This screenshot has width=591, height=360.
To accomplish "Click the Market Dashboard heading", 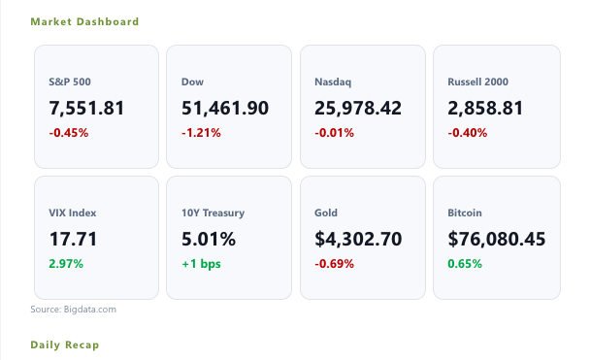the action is tap(84, 22).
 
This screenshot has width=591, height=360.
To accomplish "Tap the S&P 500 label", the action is tap(70, 82).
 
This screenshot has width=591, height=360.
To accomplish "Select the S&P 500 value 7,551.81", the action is tap(86, 108).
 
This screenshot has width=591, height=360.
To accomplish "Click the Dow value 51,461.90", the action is tap(225, 108).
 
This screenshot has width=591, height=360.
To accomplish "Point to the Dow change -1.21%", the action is tap(201, 133).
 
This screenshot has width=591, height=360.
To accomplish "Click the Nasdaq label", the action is tap(333, 82).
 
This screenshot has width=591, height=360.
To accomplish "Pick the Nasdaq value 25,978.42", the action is tap(358, 108).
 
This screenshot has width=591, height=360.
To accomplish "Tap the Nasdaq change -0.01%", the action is tap(335, 133).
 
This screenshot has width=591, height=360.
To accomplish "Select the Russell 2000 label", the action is tap(477, 82).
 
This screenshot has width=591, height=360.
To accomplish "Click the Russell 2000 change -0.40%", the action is tap(468, 133).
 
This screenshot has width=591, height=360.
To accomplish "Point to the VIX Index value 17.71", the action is tap(73, 239).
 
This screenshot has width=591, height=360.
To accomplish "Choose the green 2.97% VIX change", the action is tap(66, 264).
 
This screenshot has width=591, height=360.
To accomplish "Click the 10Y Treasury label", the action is tap(213, 213).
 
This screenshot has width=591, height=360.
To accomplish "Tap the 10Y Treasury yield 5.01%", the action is tap(209, 239).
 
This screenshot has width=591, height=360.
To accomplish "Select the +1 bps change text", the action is tap(201, 264).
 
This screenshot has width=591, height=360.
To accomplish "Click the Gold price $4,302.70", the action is tap(358, 239).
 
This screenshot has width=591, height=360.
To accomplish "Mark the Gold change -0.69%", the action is tap(335, 264).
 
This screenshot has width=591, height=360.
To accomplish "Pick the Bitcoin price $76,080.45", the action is tap(497, 239).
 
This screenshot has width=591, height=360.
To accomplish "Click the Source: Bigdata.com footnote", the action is tap(73, 310).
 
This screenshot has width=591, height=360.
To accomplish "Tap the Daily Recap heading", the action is tap(64, 344).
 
